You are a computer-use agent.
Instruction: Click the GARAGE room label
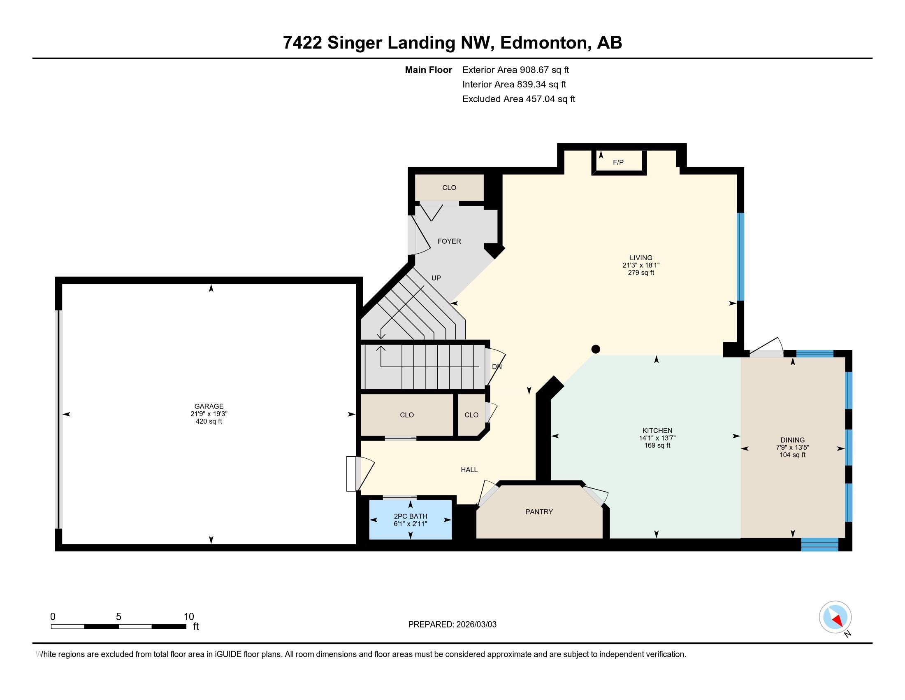click(x=209, y=406)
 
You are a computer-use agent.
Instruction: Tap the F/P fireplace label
click(x=618, y=163)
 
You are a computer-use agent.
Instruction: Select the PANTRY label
click(x=539, y=512)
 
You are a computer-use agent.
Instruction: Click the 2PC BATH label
click(x=410, y=516)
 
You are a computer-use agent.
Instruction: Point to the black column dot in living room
click(x=596, y=349)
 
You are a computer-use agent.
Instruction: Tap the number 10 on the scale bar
click(x=188, y=617)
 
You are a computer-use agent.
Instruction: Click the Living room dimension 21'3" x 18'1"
click(x=640, y=266)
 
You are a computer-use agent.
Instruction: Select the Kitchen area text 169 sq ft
click(x=657, y=446)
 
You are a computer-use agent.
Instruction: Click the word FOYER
click(x=449, y=241)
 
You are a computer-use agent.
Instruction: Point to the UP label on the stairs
click(x=436, y=278)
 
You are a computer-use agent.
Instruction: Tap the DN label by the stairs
click(x=497, y=367)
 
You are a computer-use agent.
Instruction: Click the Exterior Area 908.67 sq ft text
click(x=515, y=70)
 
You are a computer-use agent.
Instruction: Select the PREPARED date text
click(x=452, y=625)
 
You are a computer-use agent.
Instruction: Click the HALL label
click(x=469, y=470)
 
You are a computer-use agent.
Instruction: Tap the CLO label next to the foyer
click(x=449, y=188)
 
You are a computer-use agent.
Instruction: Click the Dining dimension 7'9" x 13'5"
click(x=792, y=448)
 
